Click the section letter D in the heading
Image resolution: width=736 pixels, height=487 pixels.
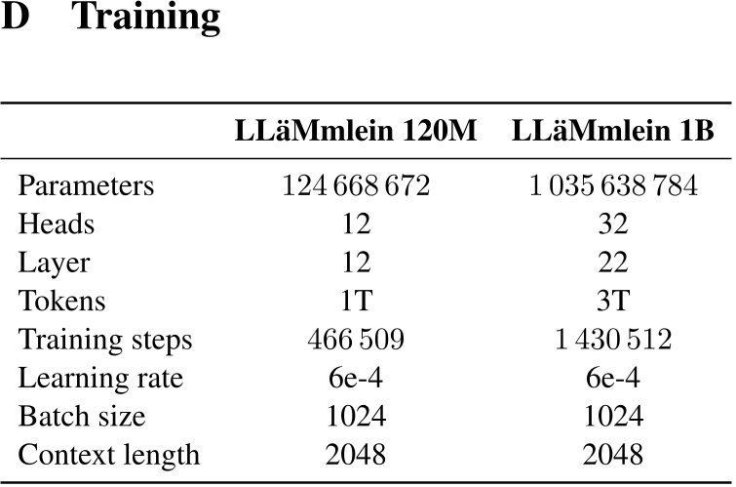coord(17,18)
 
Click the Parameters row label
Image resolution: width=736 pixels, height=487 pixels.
coord(86,185)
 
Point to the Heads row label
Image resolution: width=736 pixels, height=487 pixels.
coord(57,224)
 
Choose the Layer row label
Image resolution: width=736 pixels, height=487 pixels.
coord(55,263)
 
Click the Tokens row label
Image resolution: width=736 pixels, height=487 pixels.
coord(61,301)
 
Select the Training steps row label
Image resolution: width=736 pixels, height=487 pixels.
coord(105,340)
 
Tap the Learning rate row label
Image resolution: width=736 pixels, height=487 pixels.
coord(100,378)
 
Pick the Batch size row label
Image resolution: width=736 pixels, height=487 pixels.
coord(82,416)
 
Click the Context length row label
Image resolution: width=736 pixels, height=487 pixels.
coord(109,454)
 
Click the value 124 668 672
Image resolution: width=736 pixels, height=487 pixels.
coord(356,185)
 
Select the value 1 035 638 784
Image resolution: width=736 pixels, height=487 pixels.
coord(614,185)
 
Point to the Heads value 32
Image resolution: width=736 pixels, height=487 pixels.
coord(614,224)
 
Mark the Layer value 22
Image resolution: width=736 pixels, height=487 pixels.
coord(614,263)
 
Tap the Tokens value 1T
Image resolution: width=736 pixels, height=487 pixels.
coord(356,301)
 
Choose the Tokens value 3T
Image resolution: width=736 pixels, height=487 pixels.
coord(614,301)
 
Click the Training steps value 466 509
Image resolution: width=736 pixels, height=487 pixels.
coord(356,340)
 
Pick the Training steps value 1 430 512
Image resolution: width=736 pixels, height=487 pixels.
coord(614,340)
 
